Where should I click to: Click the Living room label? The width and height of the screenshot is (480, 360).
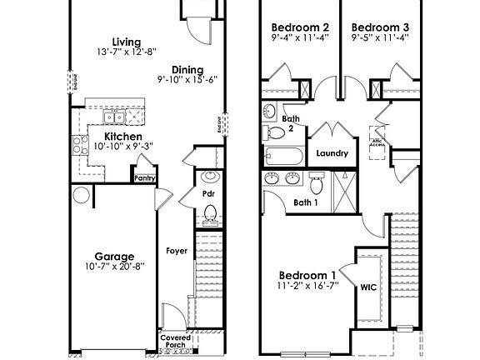127,42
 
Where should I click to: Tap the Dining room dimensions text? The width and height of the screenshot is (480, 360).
187,80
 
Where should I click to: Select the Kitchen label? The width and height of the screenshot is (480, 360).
122,137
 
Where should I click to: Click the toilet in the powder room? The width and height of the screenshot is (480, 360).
210,215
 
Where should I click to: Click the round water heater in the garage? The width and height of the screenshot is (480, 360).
81,196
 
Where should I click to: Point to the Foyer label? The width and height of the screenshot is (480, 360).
177,250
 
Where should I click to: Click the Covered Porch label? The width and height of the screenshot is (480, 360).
175,342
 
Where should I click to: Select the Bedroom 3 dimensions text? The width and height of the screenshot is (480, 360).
379,37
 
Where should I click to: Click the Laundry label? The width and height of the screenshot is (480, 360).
332,153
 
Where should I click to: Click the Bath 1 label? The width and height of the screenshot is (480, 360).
306,202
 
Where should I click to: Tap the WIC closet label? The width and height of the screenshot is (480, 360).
368,287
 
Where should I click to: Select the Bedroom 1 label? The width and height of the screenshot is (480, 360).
307,275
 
